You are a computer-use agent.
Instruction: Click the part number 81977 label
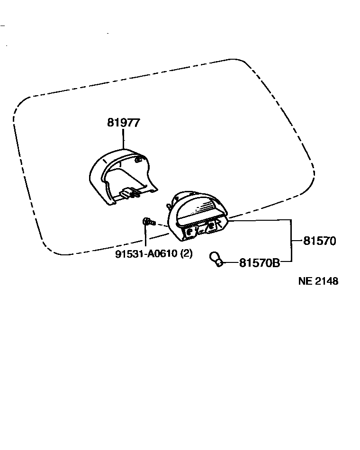pyautogui.click(x=123, y=123)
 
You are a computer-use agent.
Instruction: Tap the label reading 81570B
pyautogui.click(x=259, y=262)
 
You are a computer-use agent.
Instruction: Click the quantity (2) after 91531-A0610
pyautogui.click(x=187, y=254)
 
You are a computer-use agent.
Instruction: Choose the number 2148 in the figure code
pyautogui.click(x=327, y=281)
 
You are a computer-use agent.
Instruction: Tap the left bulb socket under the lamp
pyautogui.click(x=190, y=232)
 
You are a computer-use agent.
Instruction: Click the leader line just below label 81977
pyautogui.click(x=123, y=139)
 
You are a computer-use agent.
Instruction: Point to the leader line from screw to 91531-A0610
pyautogui.click(x=145, y=237)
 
